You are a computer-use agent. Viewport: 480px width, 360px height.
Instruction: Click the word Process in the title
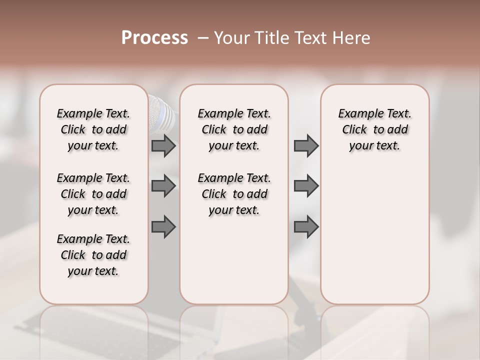[x=154, y=38]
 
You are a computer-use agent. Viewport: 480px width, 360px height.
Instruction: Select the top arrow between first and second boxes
[x=163, y=145]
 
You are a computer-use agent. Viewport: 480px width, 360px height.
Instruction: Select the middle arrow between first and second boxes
[x=163, y=186]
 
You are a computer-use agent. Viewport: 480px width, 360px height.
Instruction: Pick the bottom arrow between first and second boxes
[x=163, y=227]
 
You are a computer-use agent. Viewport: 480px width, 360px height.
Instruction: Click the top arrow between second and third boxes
[x=306, y=145]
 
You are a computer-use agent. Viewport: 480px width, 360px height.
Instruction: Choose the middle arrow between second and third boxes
[x=306, y=186]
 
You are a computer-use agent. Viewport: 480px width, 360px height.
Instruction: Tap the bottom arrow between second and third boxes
[x=306, y=227]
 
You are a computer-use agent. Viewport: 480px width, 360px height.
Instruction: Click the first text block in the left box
[x=93, y=129]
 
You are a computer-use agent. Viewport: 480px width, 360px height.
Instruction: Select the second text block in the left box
[x=93, y=194]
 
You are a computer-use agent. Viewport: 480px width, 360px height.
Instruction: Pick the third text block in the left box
[x=93, y=255]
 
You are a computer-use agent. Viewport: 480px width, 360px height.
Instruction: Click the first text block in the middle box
[x=234, y=129]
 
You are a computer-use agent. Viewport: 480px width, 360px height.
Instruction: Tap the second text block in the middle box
[x=234, y=194]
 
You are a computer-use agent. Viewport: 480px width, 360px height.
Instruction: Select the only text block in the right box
[x=374, y=129]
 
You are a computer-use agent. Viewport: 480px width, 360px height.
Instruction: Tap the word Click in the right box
[x=354, y=130]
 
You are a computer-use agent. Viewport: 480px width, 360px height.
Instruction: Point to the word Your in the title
[x=231, y=38]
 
